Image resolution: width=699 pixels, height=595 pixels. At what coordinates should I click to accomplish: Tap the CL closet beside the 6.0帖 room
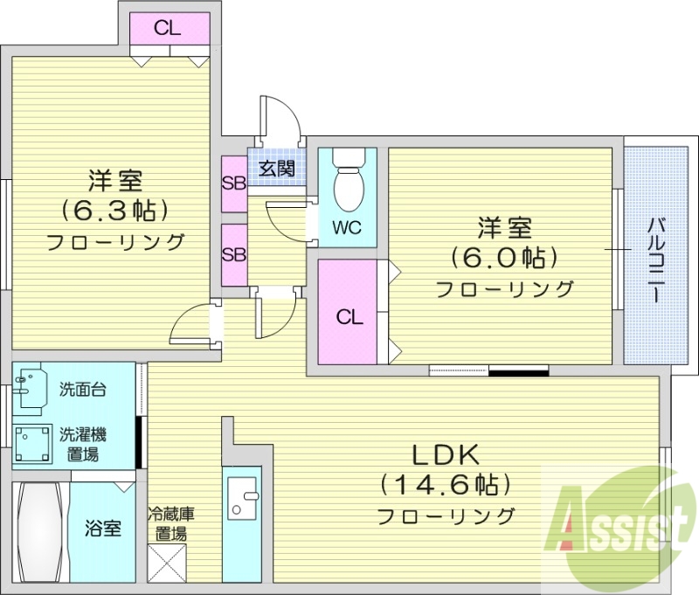point(349,316)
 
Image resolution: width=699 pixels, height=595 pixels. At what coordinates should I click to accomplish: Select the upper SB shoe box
point(233,183)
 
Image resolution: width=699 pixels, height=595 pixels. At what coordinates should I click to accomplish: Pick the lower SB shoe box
point(233,255)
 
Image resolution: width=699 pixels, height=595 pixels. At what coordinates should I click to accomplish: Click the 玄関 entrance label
point(277,169)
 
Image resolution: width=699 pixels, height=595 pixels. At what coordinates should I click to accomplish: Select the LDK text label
point(446,455)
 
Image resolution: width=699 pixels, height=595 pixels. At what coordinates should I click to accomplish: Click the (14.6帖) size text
point(446,483)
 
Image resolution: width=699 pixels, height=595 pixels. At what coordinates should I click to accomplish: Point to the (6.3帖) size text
point(114,210)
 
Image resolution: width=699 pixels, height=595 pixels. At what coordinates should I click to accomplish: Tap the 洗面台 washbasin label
point(83,390)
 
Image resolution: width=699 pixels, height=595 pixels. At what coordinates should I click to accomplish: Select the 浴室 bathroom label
point(102,529)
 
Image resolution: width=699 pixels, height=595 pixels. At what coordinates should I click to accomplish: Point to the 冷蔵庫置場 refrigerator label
point(169,522)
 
